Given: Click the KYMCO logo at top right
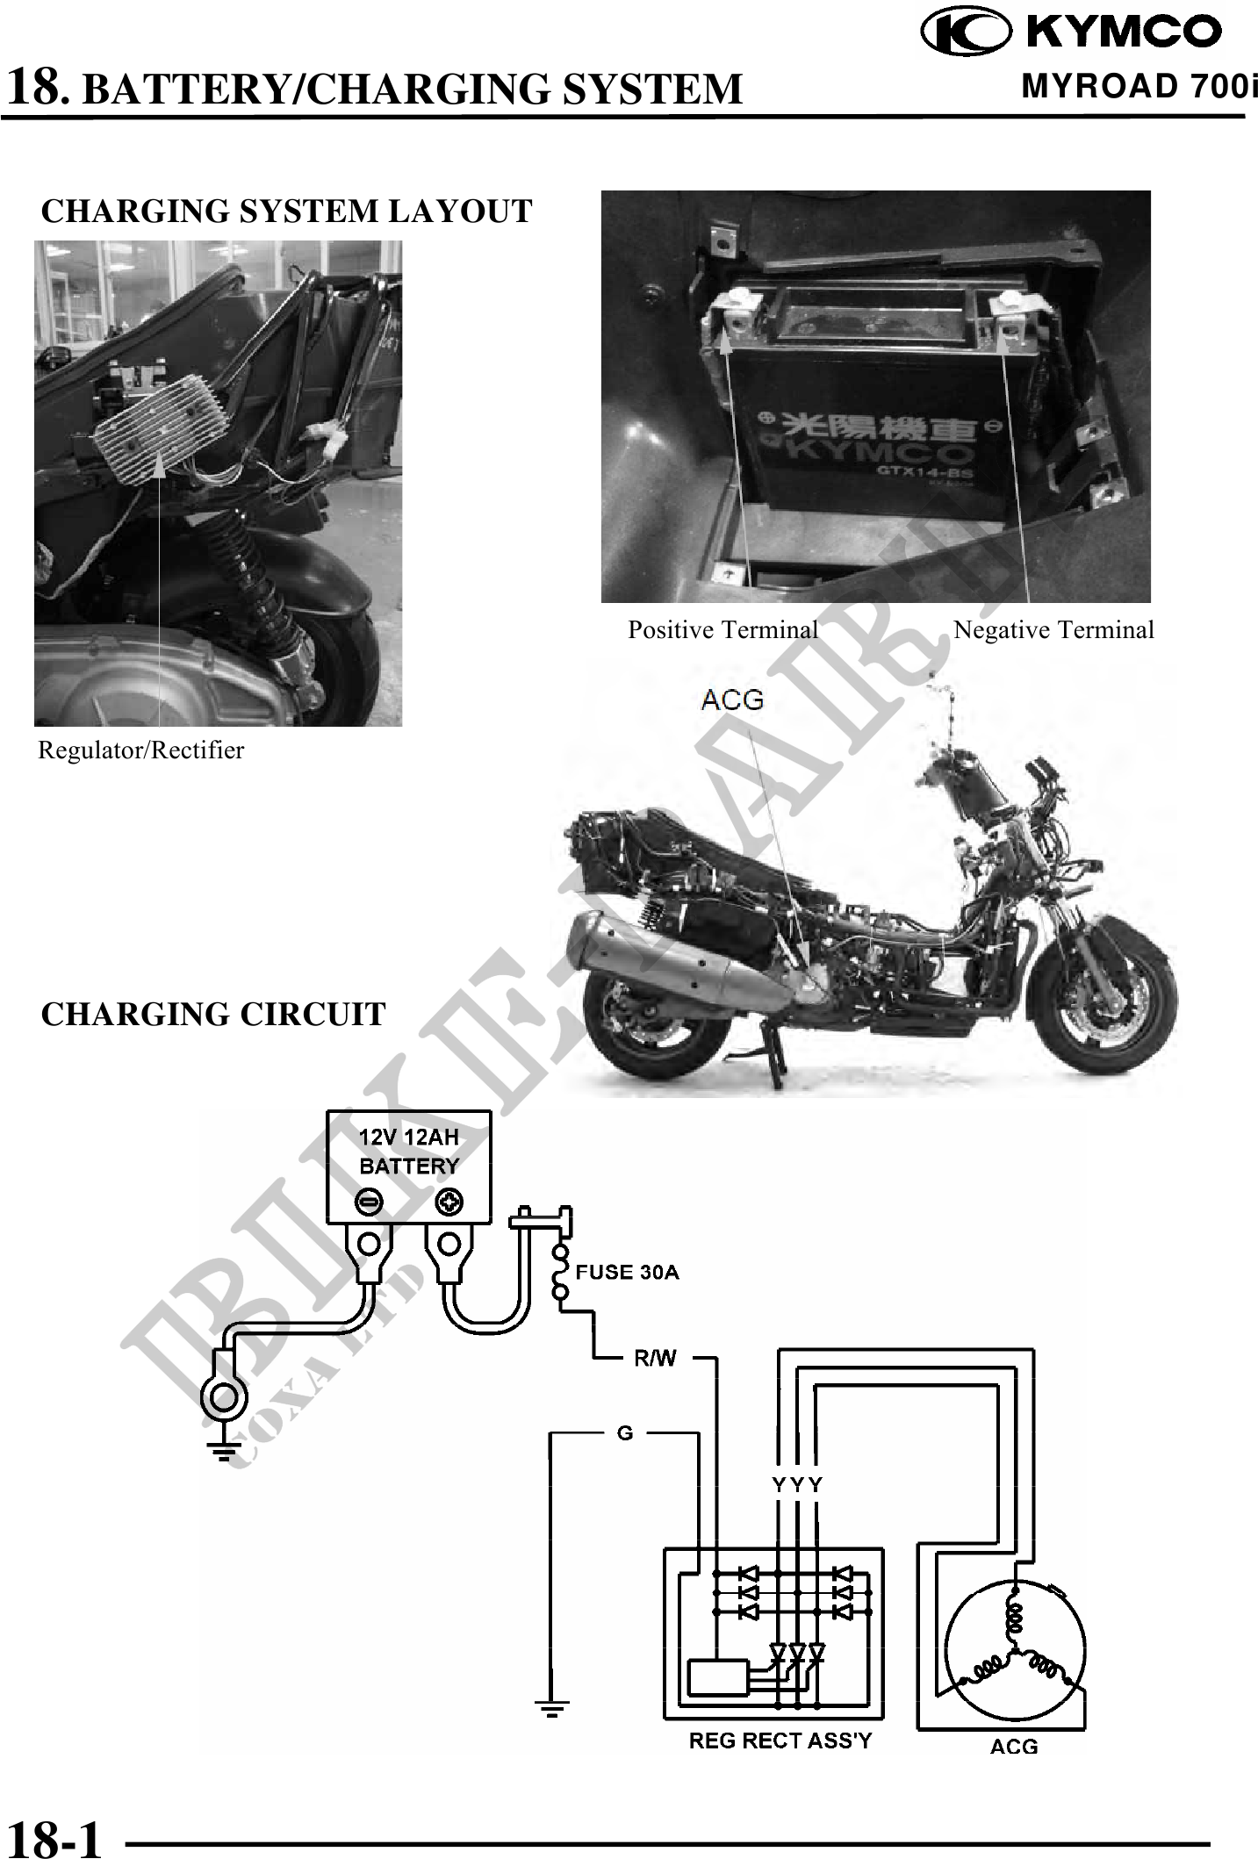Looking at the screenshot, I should [x=1072, y=33].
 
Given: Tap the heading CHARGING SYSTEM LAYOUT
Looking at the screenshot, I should [x=286, y=212].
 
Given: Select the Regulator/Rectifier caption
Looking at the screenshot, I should [x=140, y=750].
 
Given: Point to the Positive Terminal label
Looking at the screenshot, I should [x=722, y=630].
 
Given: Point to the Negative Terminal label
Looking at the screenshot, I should [x=1053, y=630].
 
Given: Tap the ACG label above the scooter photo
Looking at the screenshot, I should [x=732, y=700].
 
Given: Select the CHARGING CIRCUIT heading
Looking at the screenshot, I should [x=213, y=1015].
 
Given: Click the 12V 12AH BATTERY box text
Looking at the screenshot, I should [x=409, y=1152].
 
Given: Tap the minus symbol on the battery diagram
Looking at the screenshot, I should [x=370, y=1202].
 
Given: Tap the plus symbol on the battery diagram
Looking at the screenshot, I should [x=449, y=1202].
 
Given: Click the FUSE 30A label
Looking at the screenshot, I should [x=627, y=1272].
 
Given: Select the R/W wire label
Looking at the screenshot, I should [x=655, y=1360].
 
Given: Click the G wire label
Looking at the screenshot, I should [x=625, y=1433].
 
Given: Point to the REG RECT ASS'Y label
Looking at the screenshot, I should [x=780, y=1741].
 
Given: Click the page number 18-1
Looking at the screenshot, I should [x=54, y=1839].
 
